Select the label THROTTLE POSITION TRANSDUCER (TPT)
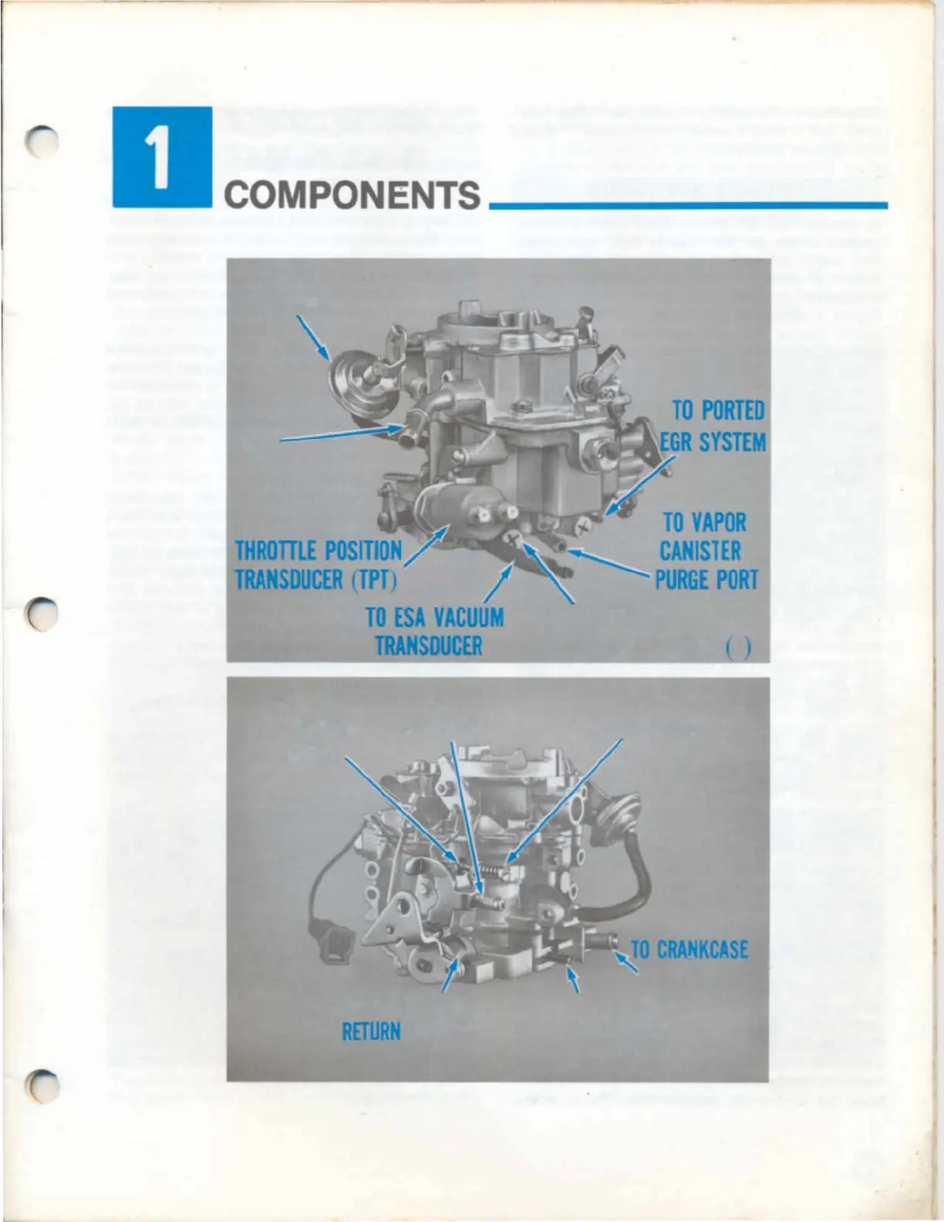(x=318, y=565)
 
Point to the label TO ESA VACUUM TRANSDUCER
(x=433, y=630)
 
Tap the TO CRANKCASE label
(x=689, y=949)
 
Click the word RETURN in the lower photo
(x=371, y=1031)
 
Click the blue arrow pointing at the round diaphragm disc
(x=312, y=338)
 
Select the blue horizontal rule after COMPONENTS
(x=688, y=204)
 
